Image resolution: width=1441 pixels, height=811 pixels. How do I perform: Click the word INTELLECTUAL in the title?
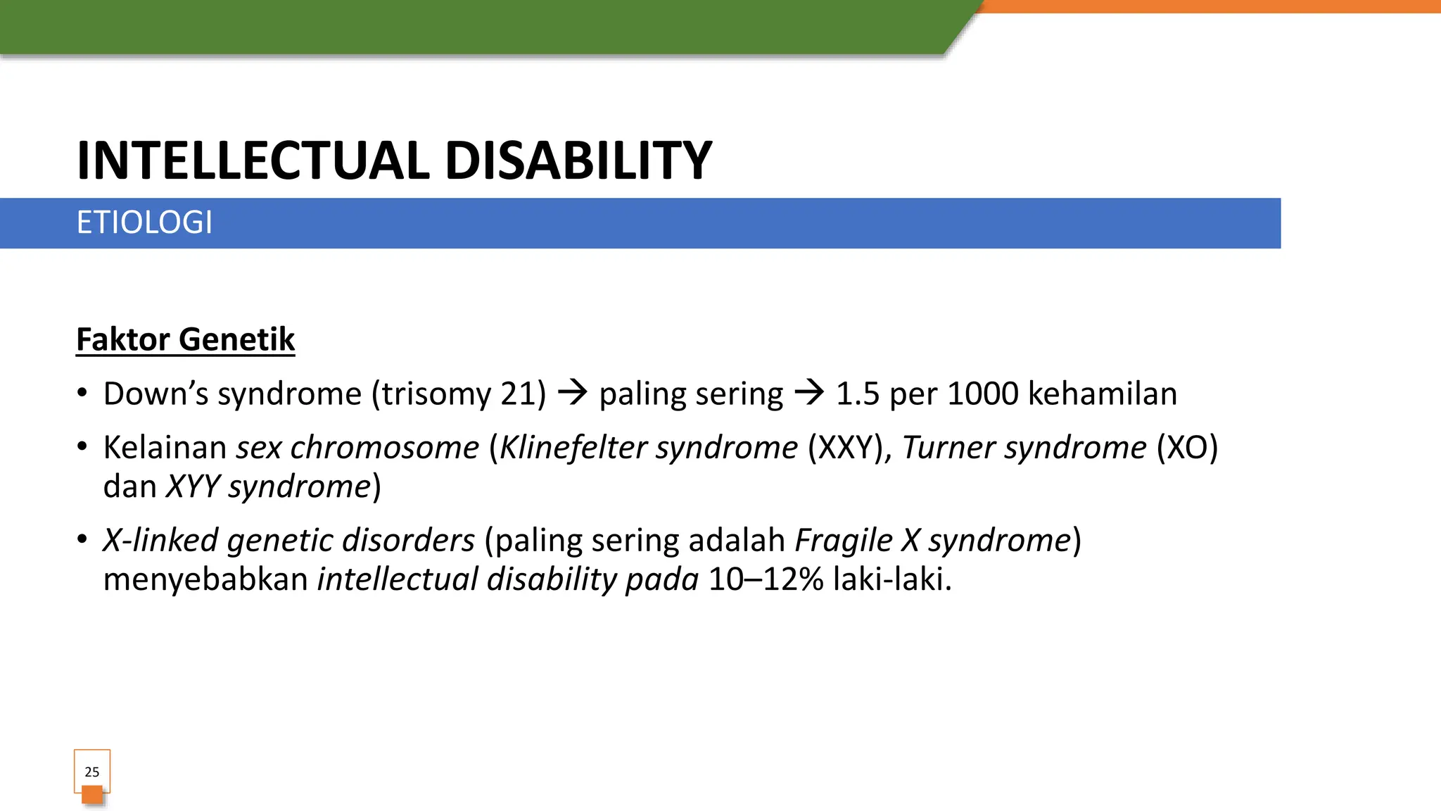253,161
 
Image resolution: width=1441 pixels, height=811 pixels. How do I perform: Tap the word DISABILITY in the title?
578,161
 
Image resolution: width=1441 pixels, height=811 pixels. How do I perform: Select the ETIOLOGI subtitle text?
144,222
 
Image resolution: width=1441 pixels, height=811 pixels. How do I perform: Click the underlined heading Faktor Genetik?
185,339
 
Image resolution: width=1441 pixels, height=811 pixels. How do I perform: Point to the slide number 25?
92,772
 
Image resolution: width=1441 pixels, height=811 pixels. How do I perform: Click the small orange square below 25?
92,795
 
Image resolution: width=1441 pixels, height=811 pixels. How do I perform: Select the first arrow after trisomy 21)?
572,393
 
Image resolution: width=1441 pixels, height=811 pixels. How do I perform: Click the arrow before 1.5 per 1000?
809,393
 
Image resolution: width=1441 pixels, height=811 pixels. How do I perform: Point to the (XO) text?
1187,448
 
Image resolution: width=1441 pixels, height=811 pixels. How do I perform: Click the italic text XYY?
193,486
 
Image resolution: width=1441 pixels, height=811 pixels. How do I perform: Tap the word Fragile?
844,541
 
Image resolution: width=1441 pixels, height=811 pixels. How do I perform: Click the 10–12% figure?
766,579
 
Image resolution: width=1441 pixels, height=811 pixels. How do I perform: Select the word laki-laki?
891,579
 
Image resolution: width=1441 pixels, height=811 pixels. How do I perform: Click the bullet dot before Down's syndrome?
82,393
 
